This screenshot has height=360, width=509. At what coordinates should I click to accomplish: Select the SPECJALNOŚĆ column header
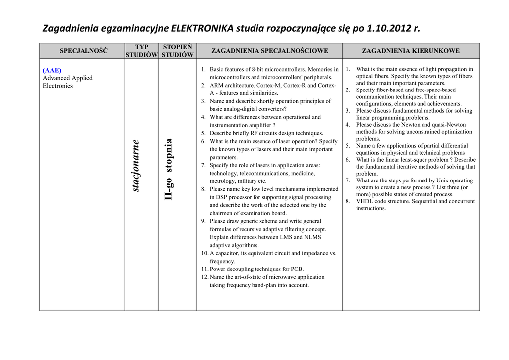(x=84, y=51)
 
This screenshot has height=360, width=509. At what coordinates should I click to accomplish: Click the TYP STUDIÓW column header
(x=142, y=51)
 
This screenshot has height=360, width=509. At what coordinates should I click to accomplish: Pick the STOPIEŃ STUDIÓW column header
(x=177, y=51)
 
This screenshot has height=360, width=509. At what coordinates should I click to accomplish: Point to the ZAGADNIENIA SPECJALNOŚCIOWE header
(x=269, y=51)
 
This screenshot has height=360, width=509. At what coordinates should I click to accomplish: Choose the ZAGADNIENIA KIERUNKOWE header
(x=411, y=51)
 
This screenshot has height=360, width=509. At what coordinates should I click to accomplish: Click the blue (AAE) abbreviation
(x=52, y=70)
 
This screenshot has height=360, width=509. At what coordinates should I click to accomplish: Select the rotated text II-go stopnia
(x=169, y=170)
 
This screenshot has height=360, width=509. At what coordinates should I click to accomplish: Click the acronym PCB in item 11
(x=296, y=269)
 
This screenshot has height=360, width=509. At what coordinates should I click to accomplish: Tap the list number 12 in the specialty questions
(x=204, y=277)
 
